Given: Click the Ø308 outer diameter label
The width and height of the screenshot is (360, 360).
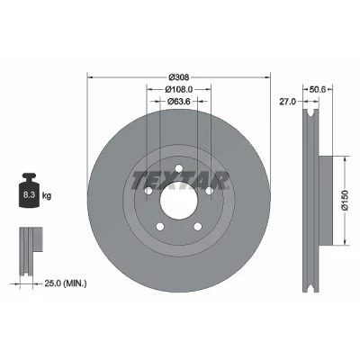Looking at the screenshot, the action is click(x=179, y=77).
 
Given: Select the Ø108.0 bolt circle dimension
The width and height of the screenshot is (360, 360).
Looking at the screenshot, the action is click(x=179, y=89).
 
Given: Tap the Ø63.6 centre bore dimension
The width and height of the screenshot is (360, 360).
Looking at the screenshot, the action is click(x=179, y=102).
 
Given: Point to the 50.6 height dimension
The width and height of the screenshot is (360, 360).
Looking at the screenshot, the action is click(x=318, y=89).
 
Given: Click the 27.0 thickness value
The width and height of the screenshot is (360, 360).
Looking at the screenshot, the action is click(x=288, y=102).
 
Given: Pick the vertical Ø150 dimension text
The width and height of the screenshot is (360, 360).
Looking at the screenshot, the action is click(x=345, y=200).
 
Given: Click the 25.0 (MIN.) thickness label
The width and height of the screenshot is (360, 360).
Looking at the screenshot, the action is click(x=66, y=283).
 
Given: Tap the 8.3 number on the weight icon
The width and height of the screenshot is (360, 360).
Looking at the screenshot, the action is click(x=30, y=195).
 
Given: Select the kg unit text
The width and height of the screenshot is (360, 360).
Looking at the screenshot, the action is click(x=47, y=196).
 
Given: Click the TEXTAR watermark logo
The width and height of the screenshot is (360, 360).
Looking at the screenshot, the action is click(x=179, y=181).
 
